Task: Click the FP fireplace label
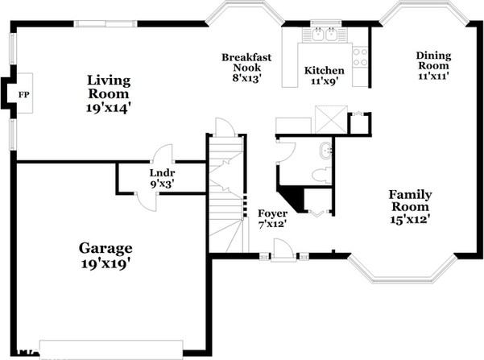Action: click(23, 94)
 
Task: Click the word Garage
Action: click(105, 247)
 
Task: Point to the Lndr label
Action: click(162, 172)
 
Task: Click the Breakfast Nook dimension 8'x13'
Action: click(247, 78)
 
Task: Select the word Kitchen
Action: click(325, 71)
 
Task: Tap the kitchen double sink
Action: click(325, 35)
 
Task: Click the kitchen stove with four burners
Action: click(360, 56)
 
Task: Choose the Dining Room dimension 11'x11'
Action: click(432, 76)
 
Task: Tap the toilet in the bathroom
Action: click(320, 174)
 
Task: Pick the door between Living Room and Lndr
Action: click(163, 155)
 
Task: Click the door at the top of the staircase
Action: click(225, 127)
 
